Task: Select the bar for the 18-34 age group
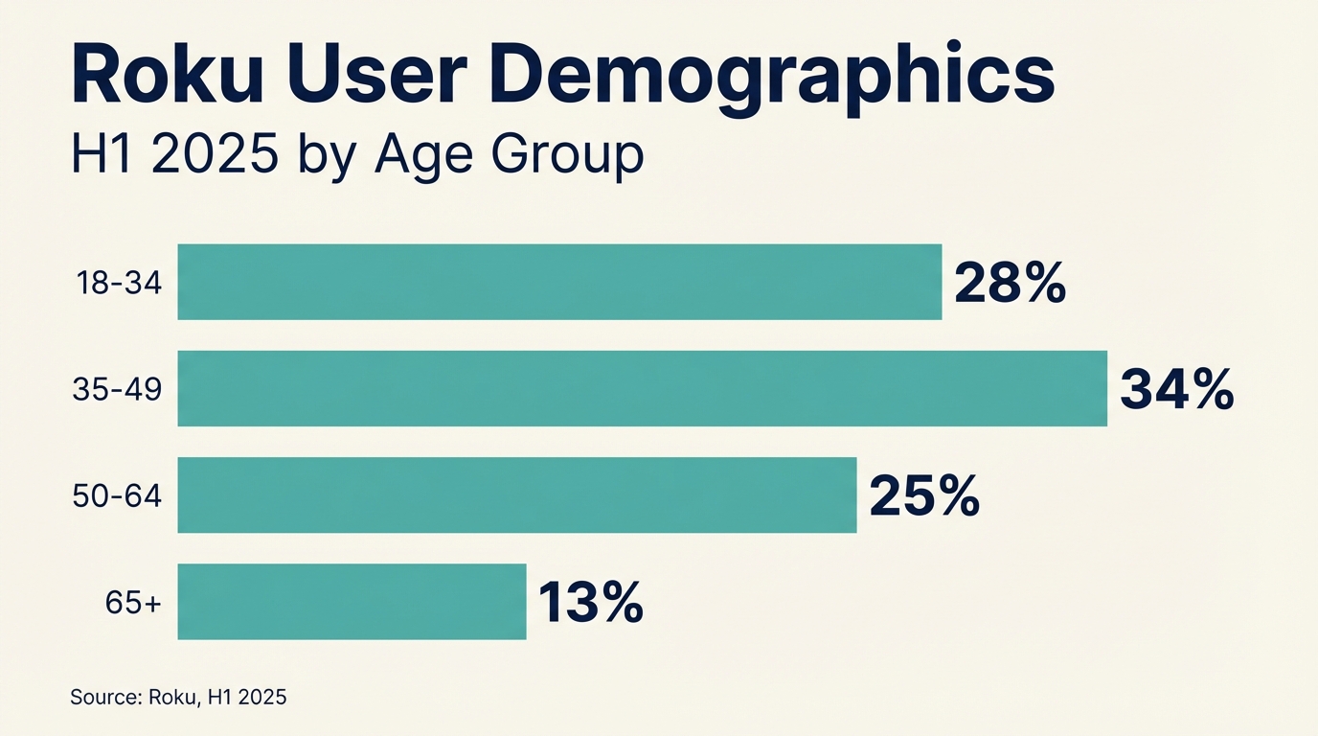pyautogui.click(x=559, y=282)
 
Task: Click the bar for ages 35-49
pyautogui.click(x=642, y=388)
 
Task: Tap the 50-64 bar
pyautogui.click(x=517, y=494)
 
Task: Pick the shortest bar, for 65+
pyautogui.click(x=352, y=601)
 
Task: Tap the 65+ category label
pyautogui.click(x=133, y=603)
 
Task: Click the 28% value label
pyautogui.click(x=1010, y=283)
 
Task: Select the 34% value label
pyautogui.click(x=1176, y=389)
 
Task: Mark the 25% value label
pyautogui.click(x=923, y=495)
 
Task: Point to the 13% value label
pyautogui.click(x=590, y=602)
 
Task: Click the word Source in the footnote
pyautogui.click(x=105, y=698)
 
